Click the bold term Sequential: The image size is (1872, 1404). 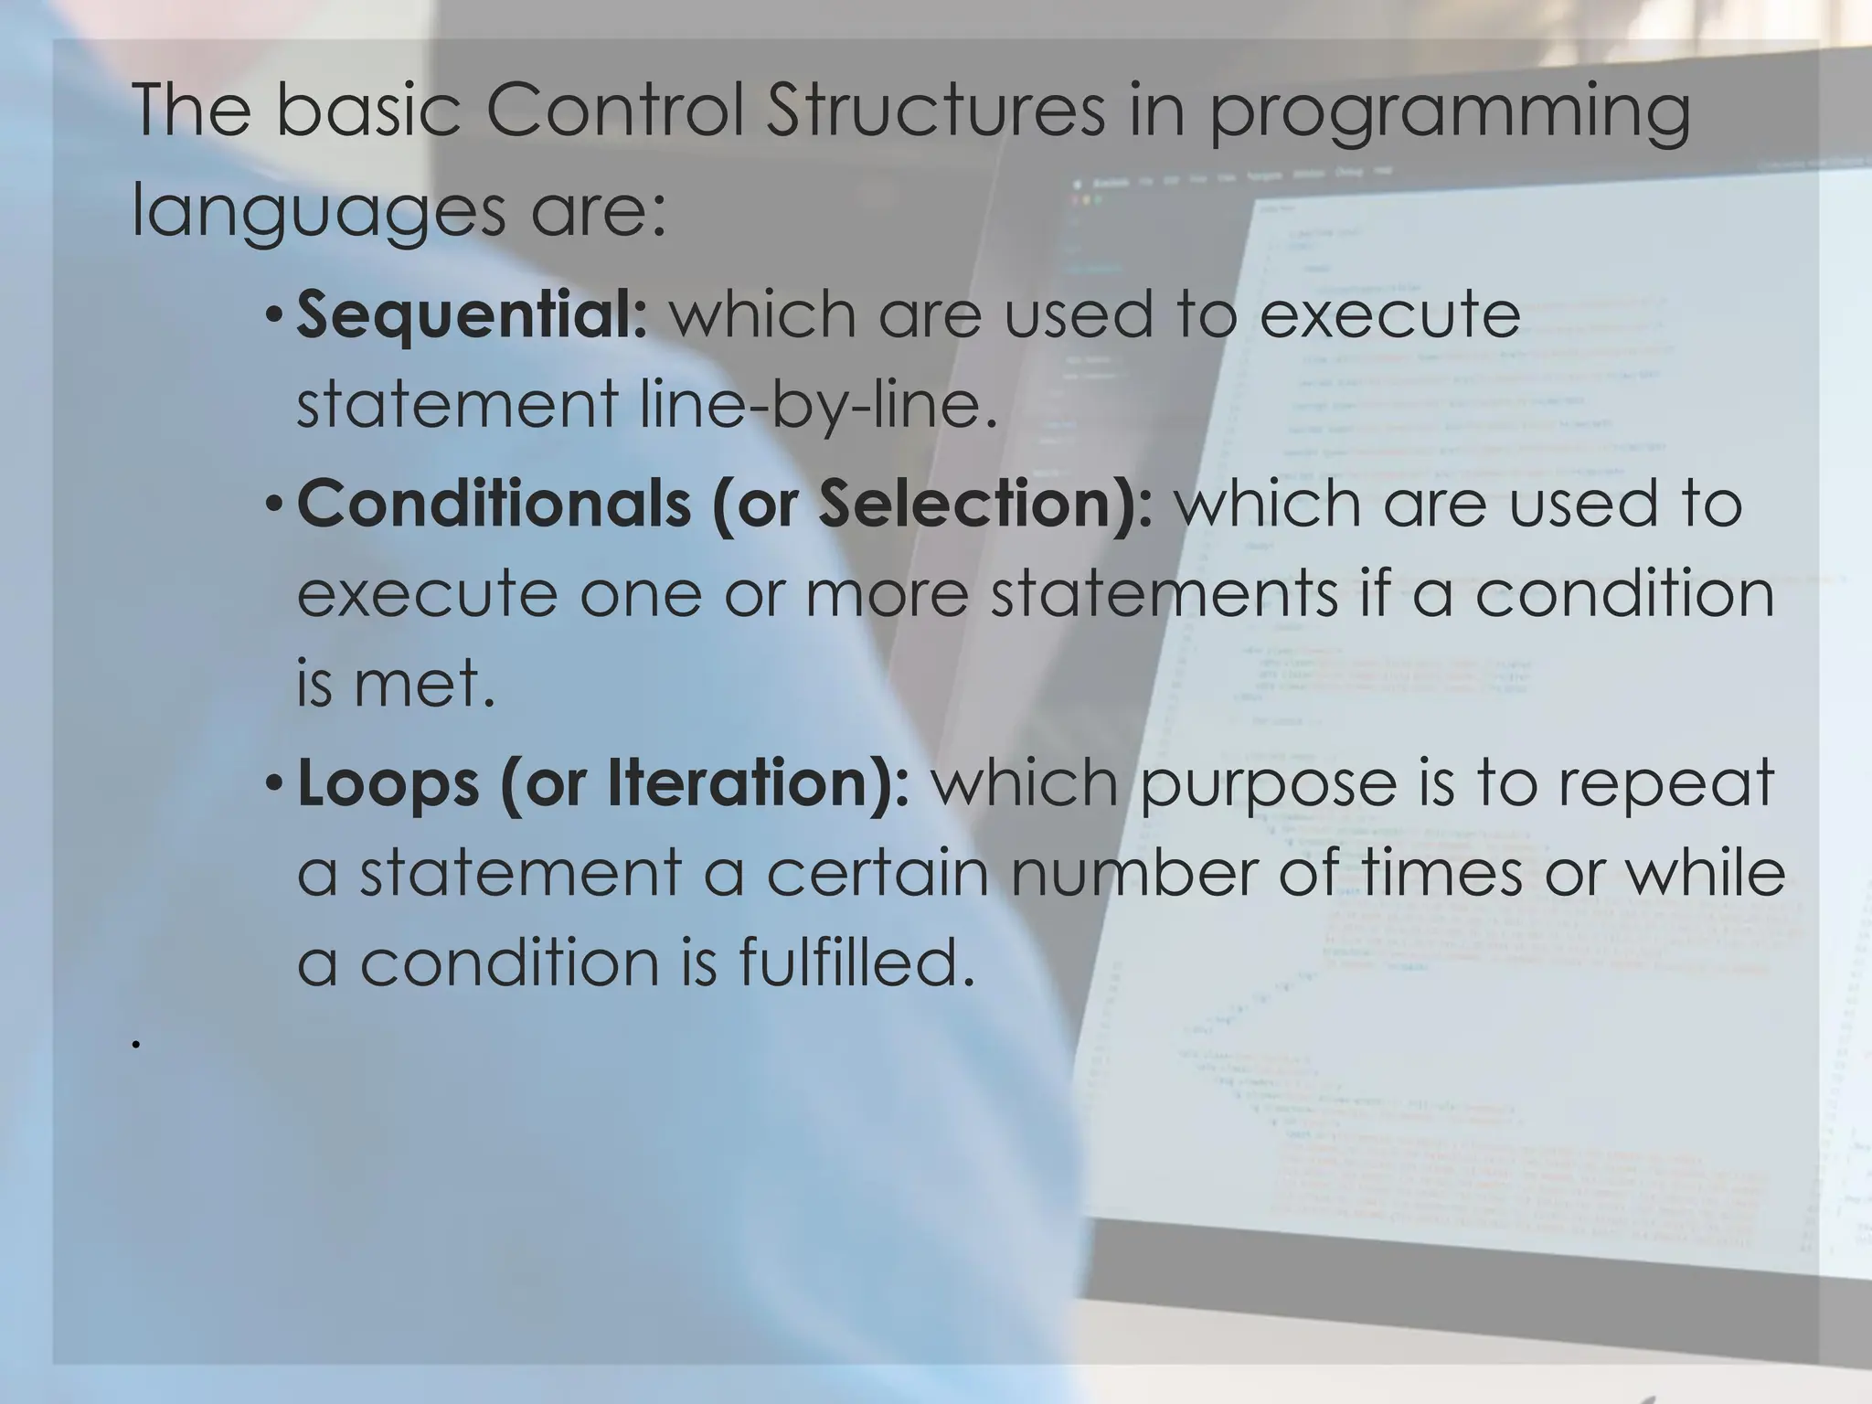472,314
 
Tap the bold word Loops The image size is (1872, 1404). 388,784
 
